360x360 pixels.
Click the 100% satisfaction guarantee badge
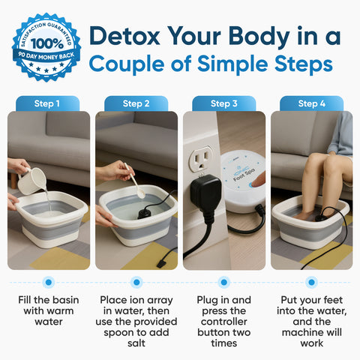[x=46, y=46]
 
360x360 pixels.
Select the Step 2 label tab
[x=136, y=103]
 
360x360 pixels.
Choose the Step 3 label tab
[x=223, y=103]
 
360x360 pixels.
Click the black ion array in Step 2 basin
[x=144, y=213]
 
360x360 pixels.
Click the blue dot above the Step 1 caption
[x=49, y=283]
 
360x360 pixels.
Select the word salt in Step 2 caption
[x=136, y=343]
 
